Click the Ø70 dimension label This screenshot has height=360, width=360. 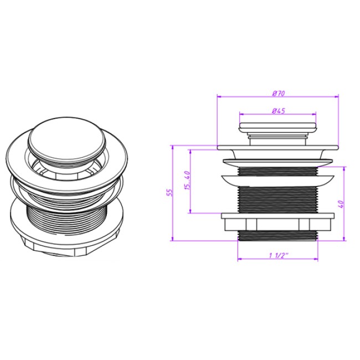[x=278, y=94]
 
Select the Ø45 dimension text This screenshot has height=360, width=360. [x=278, y=111]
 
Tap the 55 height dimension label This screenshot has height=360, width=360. [x=169, y=192]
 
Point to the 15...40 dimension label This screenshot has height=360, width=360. [x=188, y=180]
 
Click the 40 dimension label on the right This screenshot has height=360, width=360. [x=341, y=204]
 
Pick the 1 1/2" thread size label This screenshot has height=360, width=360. [x=279, y=255]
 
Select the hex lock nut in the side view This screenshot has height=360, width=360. [x=278, y=222]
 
